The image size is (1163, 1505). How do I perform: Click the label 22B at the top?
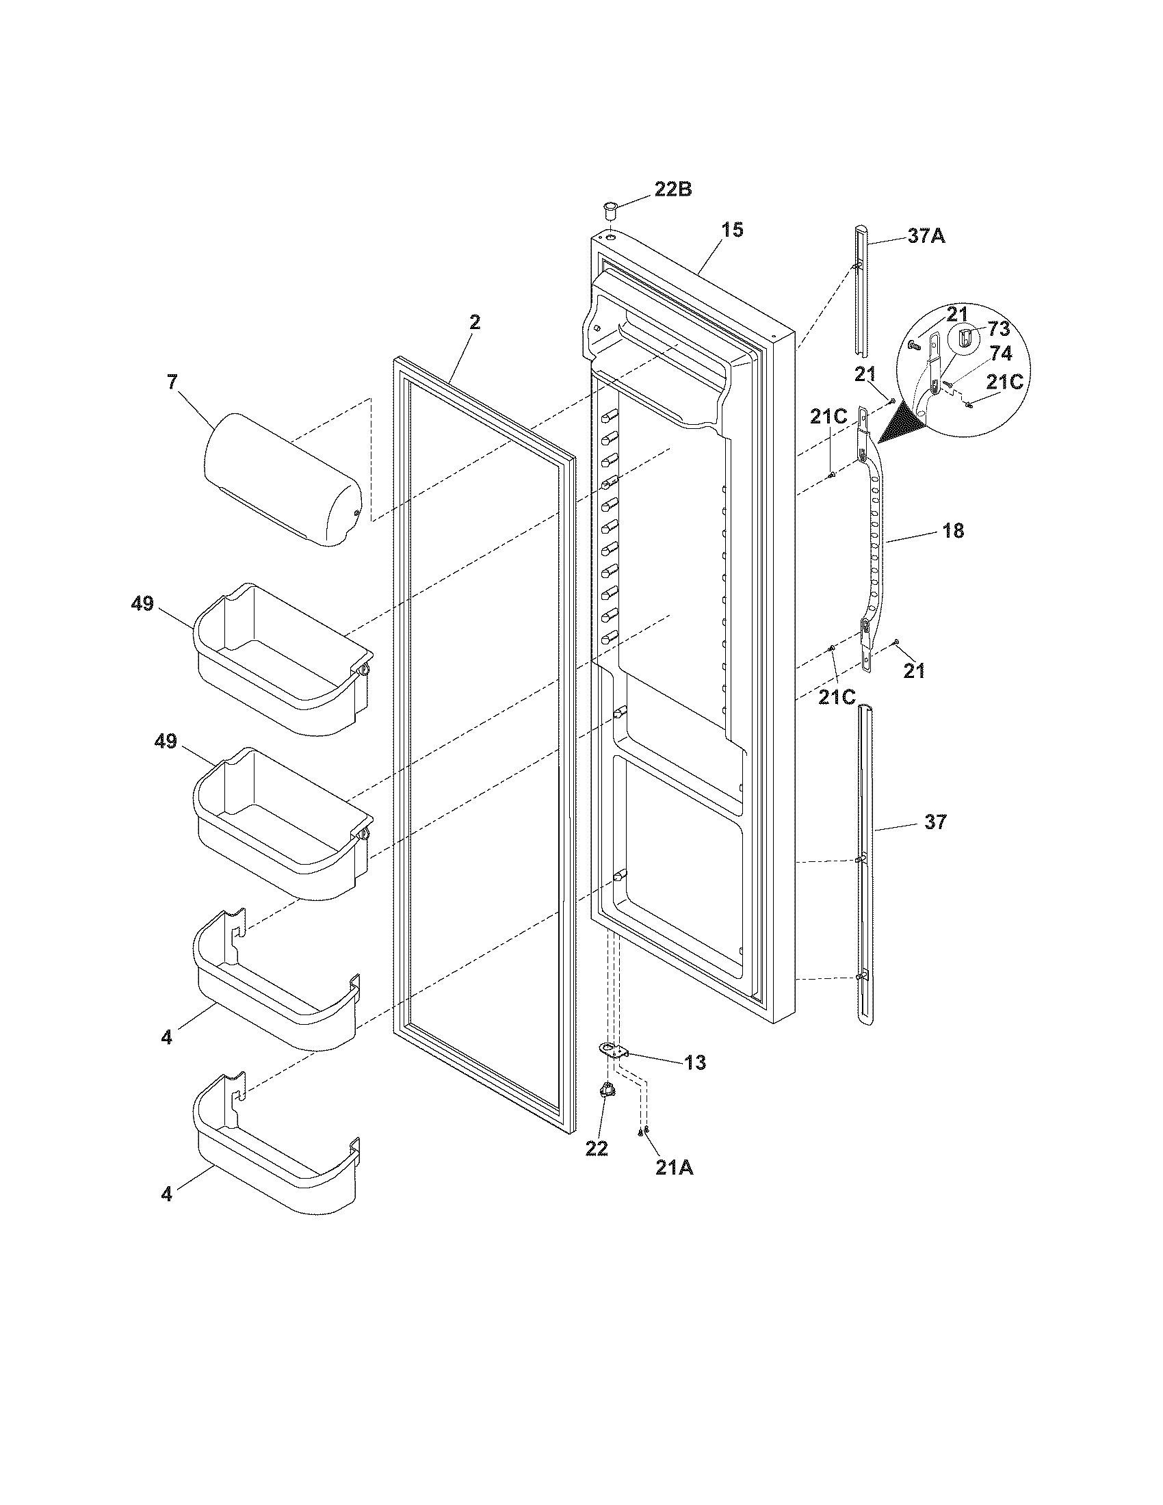click(x=672, y=189)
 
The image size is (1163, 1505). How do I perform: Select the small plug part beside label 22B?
click(x=609, y=208)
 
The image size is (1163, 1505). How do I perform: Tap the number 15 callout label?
click(x=733, y=230)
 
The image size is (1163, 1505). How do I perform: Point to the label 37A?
click(x=926, y=237)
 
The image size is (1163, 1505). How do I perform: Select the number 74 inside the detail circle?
click(x=1001, y=354)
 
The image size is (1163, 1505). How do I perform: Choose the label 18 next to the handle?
click(x=953, y=531)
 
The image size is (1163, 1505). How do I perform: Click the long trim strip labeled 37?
click(x=863, y=868)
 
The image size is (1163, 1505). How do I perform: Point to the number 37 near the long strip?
click(x=935, y=822)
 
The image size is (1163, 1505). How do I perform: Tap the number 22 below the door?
click(x=597, y=1148)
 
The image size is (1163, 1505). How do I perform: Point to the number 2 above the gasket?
click(x=475, y=322)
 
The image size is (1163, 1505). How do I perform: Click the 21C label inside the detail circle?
click(x=1004, y=382)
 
